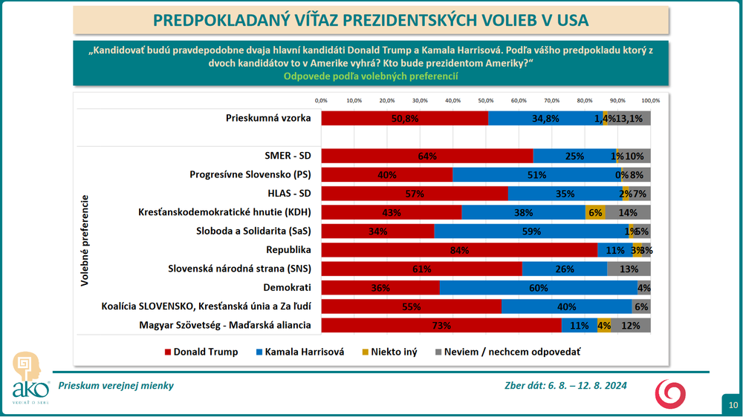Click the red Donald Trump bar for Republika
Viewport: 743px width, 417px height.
459,251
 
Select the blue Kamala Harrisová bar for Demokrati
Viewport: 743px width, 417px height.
538,288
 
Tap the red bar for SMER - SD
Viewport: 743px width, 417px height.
426,156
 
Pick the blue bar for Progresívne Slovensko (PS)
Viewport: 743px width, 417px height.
536,175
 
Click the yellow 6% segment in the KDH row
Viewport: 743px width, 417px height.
594,212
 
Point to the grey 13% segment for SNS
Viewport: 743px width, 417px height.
629,269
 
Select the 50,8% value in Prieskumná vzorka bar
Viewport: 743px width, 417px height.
404,118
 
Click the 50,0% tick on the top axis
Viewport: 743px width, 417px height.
486,100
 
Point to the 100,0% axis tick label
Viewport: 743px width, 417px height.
650,100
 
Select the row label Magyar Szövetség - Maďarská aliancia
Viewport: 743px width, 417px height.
225,325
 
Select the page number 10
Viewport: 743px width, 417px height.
733,405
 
